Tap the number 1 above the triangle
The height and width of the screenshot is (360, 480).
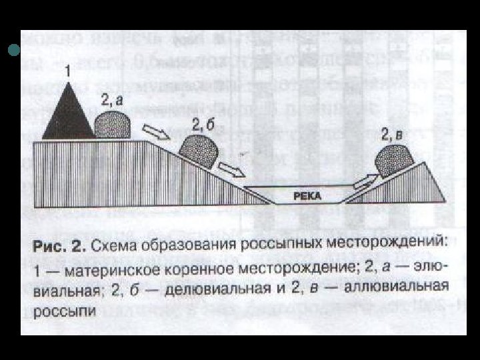point(67,69)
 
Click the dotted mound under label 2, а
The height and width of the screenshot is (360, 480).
point(111,126)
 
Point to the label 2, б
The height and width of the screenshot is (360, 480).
point(202,124)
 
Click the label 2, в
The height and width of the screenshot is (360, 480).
point(392,136)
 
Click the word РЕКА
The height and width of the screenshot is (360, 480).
point(307,195)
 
